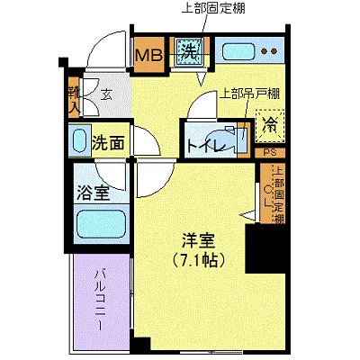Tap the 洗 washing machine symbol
pyautogui.click(x=188, y=52)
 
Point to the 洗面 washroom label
pyautogui.click(x=108, y=141)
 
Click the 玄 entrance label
pyautogui.click(x=106, y=93)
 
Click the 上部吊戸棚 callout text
pyautogui.click(x=248, y=93)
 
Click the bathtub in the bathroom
pyautogui.click(x=99, y=224)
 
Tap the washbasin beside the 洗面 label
pyautogui.click(x=79, y=141)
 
